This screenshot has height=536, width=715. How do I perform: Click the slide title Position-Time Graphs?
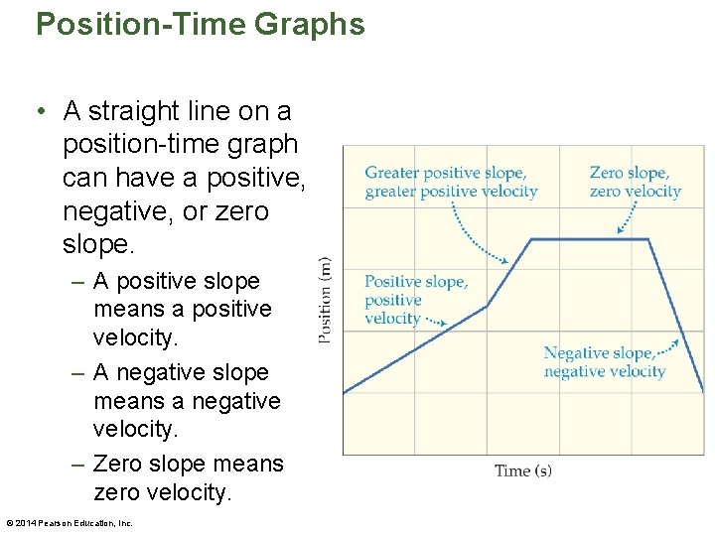tap(200, 24)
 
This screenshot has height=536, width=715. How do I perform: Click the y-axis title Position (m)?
tap(325, 300)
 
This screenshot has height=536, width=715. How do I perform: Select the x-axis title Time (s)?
tap(523, 470)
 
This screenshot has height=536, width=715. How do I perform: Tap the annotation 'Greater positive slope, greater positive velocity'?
tap(451, 183)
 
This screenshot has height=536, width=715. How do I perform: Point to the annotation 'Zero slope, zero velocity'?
tap(635, 183)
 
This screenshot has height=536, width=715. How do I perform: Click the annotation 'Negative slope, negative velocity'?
tap(604, 362)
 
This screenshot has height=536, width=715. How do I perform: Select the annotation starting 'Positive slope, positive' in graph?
tap(415, 300)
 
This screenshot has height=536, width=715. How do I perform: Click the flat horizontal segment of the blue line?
tap(590, 239)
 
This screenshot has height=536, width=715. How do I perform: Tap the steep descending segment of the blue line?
tap(676, 318)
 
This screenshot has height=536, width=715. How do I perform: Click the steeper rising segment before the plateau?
tap(509, 273)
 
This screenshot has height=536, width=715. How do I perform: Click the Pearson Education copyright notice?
tap(70, 523)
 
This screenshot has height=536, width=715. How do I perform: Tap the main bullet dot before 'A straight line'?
tap(41, 109)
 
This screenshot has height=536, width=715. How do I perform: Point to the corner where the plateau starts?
tap(531, 239)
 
